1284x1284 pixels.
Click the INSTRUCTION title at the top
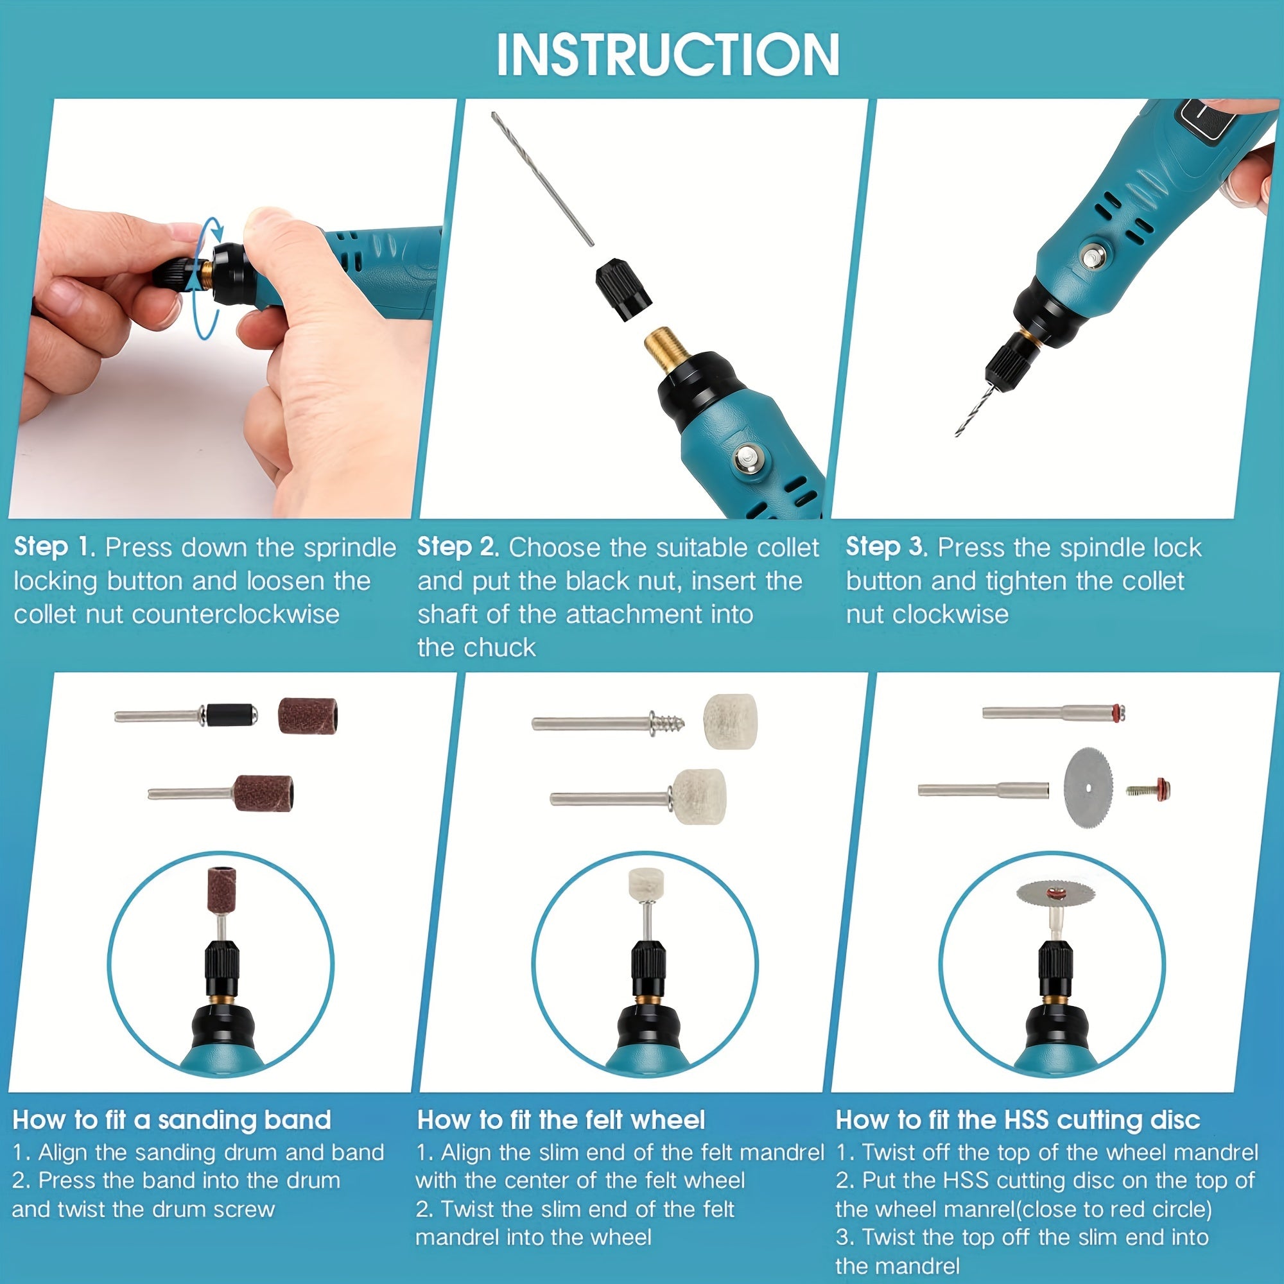667,55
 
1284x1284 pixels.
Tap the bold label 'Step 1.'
55,547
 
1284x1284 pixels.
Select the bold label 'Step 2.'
458,547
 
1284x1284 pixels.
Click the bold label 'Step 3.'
886,547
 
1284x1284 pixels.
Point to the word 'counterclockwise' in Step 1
235,614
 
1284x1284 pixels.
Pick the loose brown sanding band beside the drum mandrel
307,716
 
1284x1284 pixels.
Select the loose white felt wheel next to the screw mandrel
730,722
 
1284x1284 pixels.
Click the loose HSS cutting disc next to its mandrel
1088,788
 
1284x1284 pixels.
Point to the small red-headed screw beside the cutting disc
1149,789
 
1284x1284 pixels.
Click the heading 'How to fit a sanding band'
171,1120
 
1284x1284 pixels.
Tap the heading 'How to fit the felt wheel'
560,1120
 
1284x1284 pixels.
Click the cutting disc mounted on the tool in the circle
1055,894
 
